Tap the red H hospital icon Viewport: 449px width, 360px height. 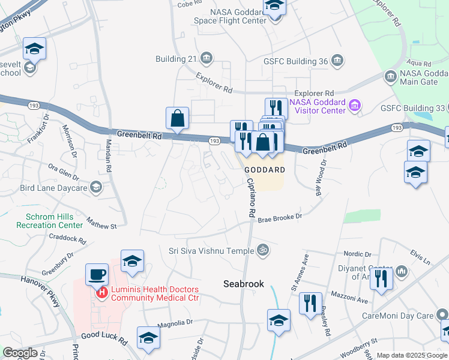(x=102, y=292)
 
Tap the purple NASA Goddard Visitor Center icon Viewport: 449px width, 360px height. (x=355, y=106)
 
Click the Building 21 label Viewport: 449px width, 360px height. (x=176, y=59)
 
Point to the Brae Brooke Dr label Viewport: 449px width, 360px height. (x=279, y=219)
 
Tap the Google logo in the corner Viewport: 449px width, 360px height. (x=20, y=353)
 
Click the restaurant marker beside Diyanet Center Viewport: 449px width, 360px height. (x=381, y=278)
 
